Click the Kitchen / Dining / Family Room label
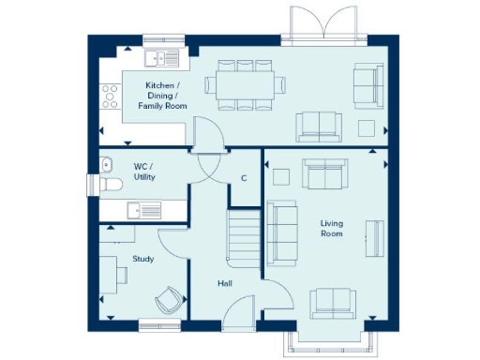pyautogui.click(x=162, y=97)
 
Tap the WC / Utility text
pyautogui.click(x=143, y=172)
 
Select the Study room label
pyautogui.click(x=142, y=259)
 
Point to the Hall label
pyautogui.click(x=225, y=283)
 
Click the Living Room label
pyautogui.click(x=331, y=228)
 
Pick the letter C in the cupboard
pyautogui.click(x=244, y=178)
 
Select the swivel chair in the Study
pyautogui.click(x=168, y=299)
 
